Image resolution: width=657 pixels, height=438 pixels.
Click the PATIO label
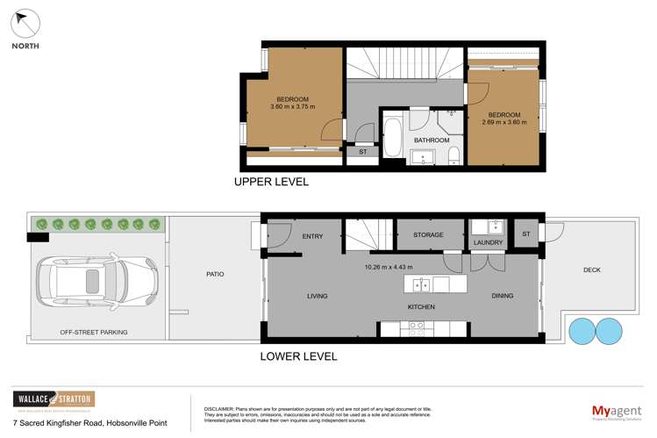pyautogui.click(x=215, y=274)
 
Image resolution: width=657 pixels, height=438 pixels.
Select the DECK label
pyautogui.click(x=591, y=269)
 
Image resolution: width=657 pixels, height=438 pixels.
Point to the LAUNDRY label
pyautogui.click(x=487, y=242)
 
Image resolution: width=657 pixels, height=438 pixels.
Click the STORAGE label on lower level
pyautogui.click(x=429, y=235)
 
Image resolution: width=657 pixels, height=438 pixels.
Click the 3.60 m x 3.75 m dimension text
pyautogui.click(x=292, y=107)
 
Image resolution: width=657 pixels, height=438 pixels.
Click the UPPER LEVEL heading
pyautogui.click(x=270, y=183)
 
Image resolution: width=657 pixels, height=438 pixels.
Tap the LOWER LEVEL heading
pyautogui.click(x=298, y=356)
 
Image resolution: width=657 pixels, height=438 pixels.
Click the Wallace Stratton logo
pyautogui.click(x=53, y=399)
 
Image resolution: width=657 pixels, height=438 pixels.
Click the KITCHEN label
pyautogui.click(x=421, y=306)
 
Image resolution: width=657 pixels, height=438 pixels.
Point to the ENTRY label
pyautogui.click(x=312, y=236)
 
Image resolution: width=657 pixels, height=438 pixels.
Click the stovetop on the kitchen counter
pyautogui.click(x=415, y=328)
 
